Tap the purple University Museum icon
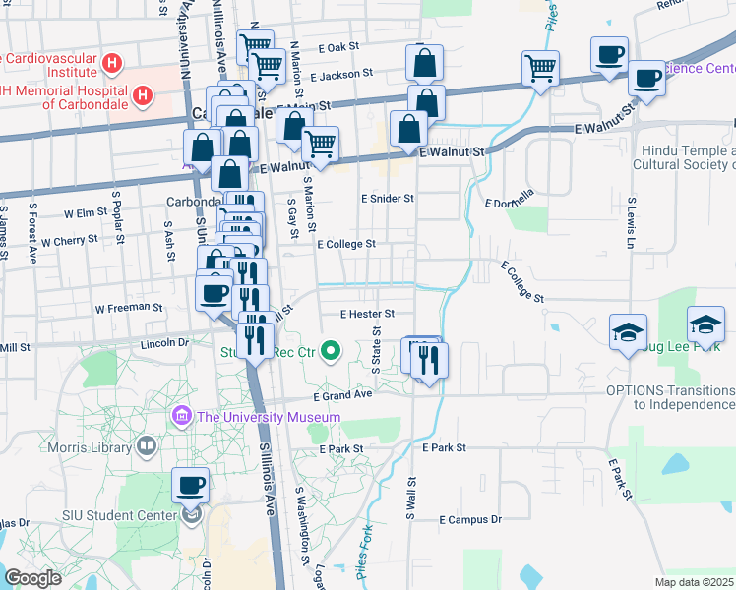click(180, 417)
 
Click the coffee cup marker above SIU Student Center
click(191, 484)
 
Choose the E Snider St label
click(388, 198)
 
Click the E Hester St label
click(367, 314)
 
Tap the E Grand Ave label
click(342, 395)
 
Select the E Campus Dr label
click(470, 519)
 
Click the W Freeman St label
click(128, 308)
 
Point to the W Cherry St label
click(67, 239)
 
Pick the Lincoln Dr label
click(163, 343)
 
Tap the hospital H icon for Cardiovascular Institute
click(113, 65)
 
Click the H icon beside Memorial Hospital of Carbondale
click(144, 95)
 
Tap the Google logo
click(33, 578)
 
